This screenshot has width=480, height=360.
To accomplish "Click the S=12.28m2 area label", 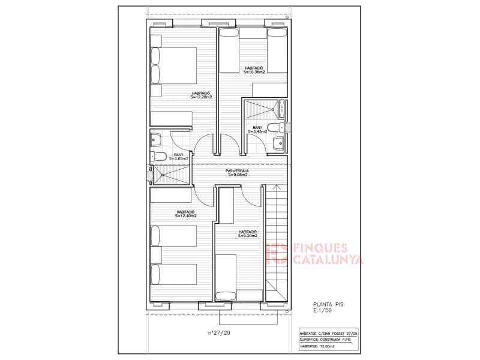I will (x=201, y=98).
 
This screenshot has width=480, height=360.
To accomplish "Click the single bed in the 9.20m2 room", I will (x=226, y=277).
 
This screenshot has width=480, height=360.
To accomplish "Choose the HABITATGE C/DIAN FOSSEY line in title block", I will (x=329, y=334).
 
